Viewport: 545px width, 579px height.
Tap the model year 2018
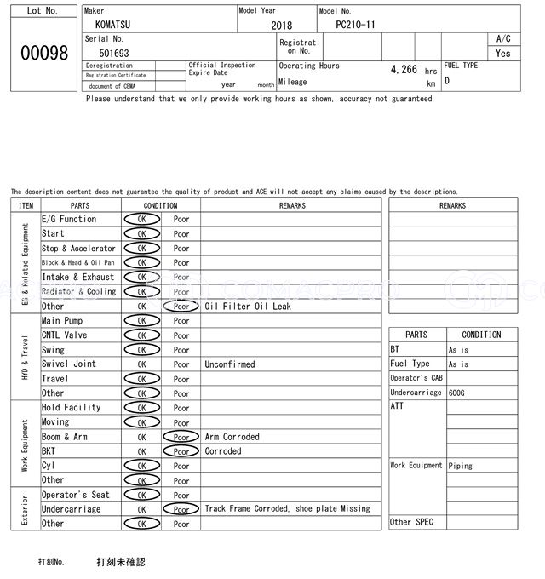point(281,26)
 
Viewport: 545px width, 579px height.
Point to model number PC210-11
point(355,25)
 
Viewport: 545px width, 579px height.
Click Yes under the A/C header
point(503,53)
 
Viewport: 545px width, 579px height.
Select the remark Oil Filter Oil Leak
point(248,307)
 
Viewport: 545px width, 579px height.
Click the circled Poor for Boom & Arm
point(181,437)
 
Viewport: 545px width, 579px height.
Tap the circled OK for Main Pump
point(141,321)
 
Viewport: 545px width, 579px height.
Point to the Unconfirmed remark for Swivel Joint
point(229,364)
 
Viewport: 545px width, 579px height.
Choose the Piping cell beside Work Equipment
point(462,466)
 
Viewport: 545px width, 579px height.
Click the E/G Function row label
point(69,220)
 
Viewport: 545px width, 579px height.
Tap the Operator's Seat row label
point(76,495)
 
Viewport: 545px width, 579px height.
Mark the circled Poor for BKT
point(181,451)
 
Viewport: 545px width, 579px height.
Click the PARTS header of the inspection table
point(80,205)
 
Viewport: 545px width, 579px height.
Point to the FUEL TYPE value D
point(447,82)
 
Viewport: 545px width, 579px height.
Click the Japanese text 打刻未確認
point(121,562)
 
